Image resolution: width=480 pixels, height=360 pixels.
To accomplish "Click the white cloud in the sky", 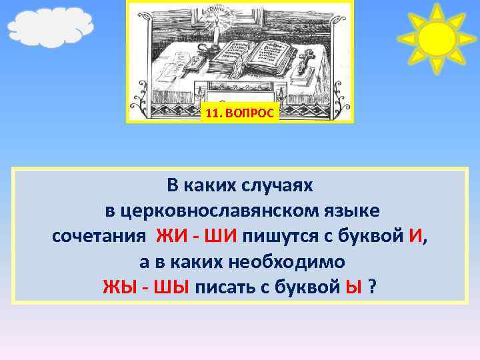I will point(49,27).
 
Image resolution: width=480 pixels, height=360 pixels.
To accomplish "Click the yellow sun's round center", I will point(437,38).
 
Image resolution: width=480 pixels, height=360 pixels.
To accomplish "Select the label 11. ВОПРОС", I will point(239,113).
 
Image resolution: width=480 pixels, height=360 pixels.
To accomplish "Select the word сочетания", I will point(99,236).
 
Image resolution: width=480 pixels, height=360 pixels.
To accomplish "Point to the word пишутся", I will point(276,236).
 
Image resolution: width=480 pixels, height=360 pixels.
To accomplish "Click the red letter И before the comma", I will point(415,236).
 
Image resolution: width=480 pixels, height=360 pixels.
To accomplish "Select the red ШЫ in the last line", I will point(171,287).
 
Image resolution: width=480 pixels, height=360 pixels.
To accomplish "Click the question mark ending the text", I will point(372,287).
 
